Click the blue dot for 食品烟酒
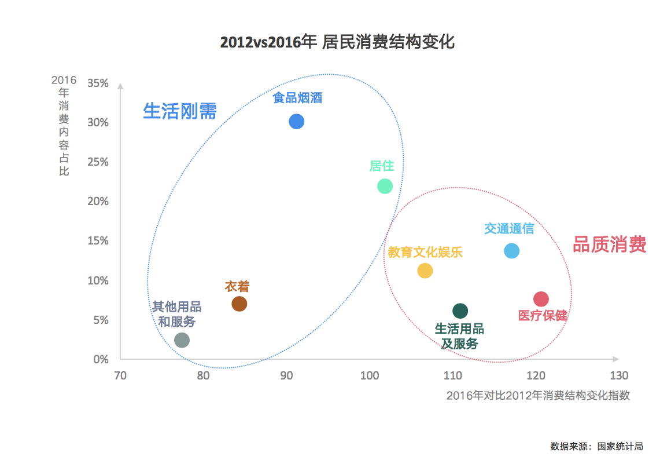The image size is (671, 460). [x=296, y=122]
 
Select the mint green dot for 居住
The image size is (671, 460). [x=385, y=186]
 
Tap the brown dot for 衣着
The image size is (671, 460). [x=239, y=304]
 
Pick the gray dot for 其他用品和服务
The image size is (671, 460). [x=182, y=340]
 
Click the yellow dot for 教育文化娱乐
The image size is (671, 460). [x=425, y=271]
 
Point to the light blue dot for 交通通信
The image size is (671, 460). [x=511, y=251]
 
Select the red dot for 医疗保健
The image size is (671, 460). [x=541, y=299]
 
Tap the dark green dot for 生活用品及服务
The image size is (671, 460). [x=460, y=311]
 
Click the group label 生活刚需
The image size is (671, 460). [x=179, y=111]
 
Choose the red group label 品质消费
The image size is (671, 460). [x=609, y=244]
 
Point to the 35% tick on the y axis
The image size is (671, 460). [x=98, y=83]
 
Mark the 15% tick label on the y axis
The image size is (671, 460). [x=98, y=241]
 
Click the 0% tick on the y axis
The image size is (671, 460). [x=101, y=360]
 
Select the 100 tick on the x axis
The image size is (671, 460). [x=368, y=375]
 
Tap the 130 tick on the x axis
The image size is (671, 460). [x=619, y=375]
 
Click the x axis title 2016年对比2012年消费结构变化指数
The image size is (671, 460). [x=538, y=396]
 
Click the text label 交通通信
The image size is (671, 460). [x=509, y=228]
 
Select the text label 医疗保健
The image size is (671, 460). [x=543, y=316]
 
